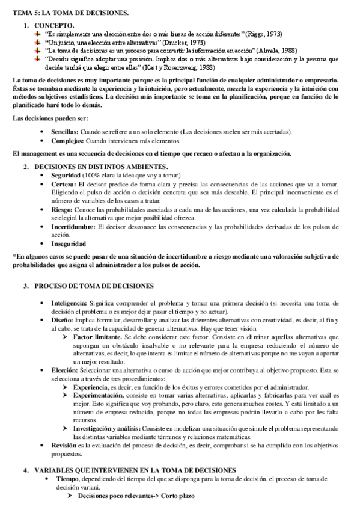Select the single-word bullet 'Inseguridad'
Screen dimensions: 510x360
(x=69, y=244)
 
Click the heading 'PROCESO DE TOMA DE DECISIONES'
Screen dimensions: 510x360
(x=94, y=285)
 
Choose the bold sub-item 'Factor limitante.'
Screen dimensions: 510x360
(x=97, y=339)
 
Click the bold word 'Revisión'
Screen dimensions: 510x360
(x=64, y=446)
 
